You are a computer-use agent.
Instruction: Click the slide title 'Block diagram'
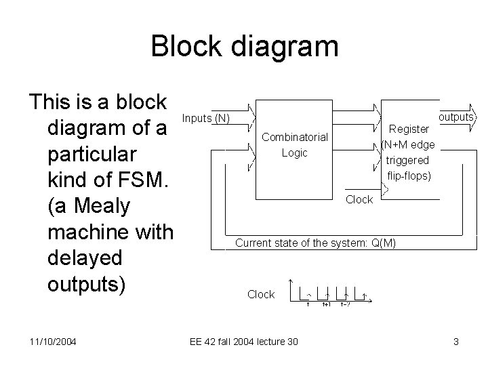click(x=244, y=47)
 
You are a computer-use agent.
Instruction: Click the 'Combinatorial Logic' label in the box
click(x=294, y=145)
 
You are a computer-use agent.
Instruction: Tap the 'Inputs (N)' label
click(x=207, y=119)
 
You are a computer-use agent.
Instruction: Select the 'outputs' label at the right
click(x=455, y=117)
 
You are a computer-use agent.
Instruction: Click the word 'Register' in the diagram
click(x=409, y=129)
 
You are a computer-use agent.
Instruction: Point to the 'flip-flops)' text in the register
click(x=408, y=176)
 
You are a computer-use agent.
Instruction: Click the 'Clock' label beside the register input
click(x=359, y=199)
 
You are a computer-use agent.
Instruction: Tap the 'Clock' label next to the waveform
click(x=261, y=294)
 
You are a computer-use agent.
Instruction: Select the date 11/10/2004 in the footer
click(x=52, y=341)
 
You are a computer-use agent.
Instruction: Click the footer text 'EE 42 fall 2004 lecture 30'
click(x=243, y=341)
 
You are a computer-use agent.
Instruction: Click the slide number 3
click(x=456, y=341)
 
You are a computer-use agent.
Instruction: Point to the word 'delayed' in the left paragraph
click(x=85, y=258)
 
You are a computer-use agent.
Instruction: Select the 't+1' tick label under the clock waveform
click(x=326, y=305)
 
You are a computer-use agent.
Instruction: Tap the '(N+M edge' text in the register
click(x=408, y=144)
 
